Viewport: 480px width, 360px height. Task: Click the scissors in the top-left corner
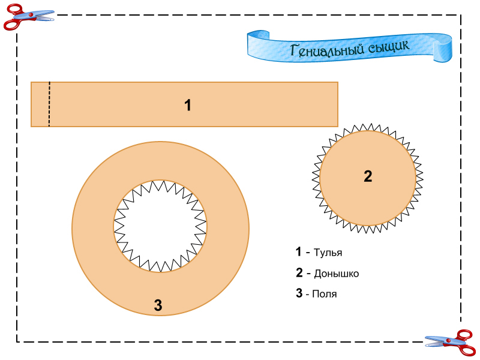pyautogui.click(x=28, y=16)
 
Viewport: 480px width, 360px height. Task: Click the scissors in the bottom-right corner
pyautogui.click(x=450, y=342)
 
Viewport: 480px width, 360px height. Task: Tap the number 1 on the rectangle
pyautogui.click(x=188, y=106)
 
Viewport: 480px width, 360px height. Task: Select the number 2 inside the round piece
pyautogui.click(x=368, y=176)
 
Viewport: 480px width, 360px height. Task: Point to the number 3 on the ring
pyautogui.click(x=158, y=305)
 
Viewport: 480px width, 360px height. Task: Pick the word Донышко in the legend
pyautogui.click(x=336, y=274)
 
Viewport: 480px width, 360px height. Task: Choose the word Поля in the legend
pyautogui.click(x=325, y=294)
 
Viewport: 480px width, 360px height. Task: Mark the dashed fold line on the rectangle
pyautogui.click(x=49, y=104)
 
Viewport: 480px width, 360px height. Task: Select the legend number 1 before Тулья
pyautogui.click(x=298, y=252)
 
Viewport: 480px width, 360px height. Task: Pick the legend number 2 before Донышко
pyautogui.click(x=299, y=273)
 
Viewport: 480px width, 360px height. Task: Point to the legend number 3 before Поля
pyautogui.click(x=299, y=293)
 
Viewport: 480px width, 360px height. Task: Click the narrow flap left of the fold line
pyautogui.click(x=40, y=104)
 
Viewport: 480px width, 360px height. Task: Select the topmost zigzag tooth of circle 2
pyautogui.click(x=367, y=127)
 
